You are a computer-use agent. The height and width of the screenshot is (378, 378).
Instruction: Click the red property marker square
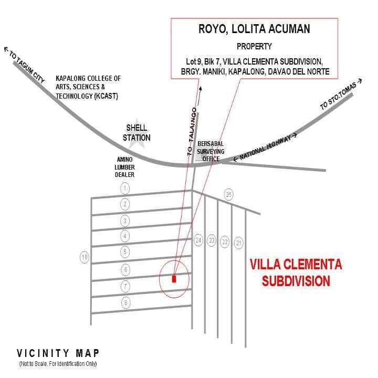174,279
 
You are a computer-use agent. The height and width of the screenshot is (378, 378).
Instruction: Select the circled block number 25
228,194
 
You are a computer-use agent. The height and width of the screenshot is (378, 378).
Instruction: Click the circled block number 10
84,257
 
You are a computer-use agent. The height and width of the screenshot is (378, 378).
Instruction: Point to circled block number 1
125,187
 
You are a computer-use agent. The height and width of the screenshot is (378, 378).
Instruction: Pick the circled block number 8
125,302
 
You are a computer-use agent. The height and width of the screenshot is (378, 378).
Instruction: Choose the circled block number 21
239,242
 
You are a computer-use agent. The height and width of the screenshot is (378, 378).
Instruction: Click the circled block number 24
198,240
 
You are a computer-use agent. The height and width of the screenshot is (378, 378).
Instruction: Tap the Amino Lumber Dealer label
125,167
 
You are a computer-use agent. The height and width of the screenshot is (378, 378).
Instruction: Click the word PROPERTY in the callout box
254,46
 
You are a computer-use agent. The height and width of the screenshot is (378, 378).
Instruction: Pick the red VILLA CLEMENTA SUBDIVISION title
296,272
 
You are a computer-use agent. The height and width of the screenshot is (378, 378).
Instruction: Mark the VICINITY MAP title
58,353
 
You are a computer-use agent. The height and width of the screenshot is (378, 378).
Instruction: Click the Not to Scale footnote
58,364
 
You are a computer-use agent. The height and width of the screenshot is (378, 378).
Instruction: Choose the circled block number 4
125,236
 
